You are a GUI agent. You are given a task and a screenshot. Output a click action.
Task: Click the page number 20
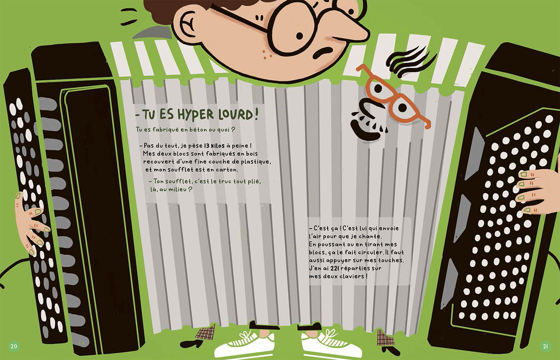(x=14, y=346)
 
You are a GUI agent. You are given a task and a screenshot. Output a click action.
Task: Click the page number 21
(x=546, y=346)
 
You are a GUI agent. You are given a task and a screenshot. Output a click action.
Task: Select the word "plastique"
(x=256, y=162)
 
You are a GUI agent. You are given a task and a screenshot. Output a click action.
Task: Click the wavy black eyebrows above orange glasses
(x=410, y=61)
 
